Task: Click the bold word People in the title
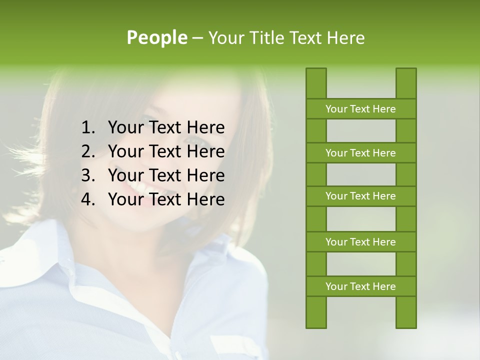tap(156, 37)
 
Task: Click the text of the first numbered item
tap(166, 128)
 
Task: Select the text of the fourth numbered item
tap(166, 199)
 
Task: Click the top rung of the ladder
tap(360, 109)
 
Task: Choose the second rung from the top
tap(360, 153)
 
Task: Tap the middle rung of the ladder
tap(360, 196)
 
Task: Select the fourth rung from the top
tap(360, 242)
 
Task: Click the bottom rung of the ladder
tap(360, 286)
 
